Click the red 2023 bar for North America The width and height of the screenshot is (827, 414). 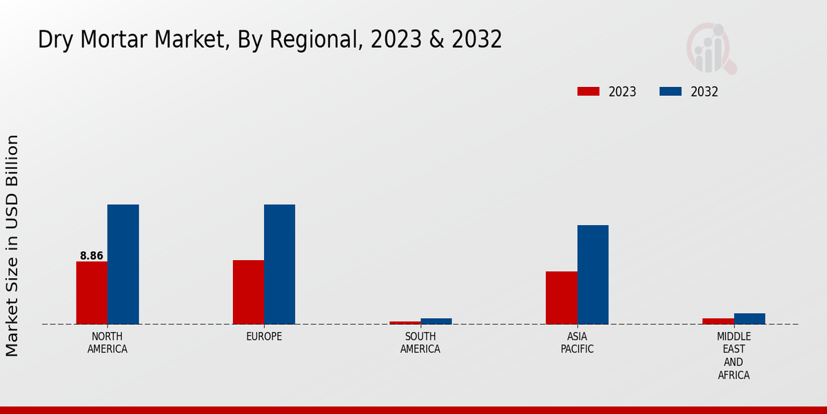click(92, 293)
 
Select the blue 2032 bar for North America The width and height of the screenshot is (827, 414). click(123, 264)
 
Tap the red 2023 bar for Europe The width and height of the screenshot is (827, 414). click(248, 292)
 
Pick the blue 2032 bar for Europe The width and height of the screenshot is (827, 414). click(279, 264)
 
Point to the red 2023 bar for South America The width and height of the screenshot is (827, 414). click(405, 322)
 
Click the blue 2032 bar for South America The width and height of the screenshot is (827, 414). click(436, 321)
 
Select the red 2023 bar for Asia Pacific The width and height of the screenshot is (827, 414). click(561, 297)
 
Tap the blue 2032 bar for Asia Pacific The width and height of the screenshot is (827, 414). click(593, 275)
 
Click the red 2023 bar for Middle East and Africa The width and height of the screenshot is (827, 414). click(718, 321)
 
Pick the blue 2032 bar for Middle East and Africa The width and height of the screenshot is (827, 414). click(749, 319)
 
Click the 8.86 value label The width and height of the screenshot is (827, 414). click(92, 256)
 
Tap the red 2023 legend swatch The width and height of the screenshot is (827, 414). click(589, 92)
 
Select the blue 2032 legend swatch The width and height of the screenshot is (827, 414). click(671, 92)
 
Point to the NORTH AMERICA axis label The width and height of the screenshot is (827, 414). click(108, 343)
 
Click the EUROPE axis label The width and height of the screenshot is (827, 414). click(264, 337)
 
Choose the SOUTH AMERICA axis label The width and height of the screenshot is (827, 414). click(420, 343)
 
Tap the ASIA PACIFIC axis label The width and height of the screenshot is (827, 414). click(577, 343)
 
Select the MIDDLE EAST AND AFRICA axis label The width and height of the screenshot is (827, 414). click(733, 356)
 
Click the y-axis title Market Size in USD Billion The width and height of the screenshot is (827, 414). click(12, 246)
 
